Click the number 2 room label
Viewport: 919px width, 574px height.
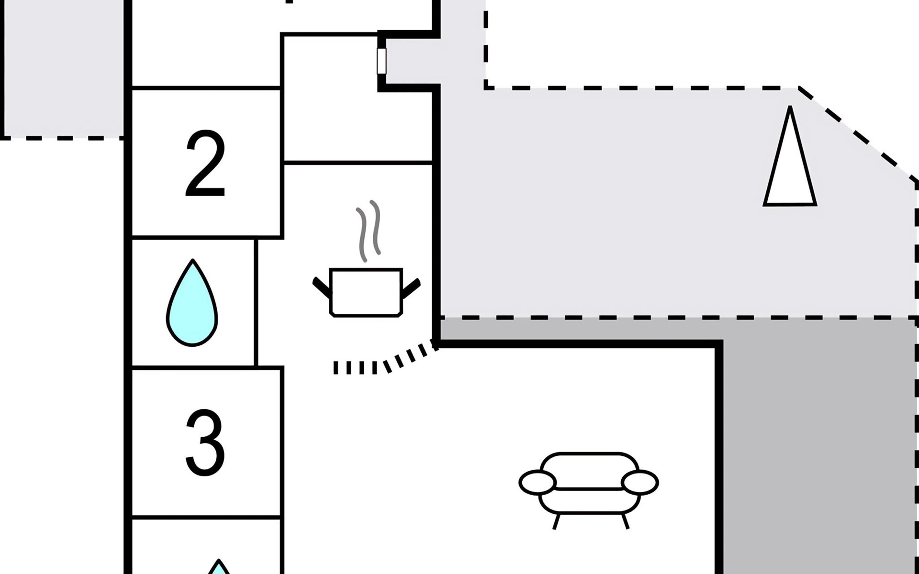(x=205, y=164)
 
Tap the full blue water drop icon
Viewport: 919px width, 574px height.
(x=192, y=302)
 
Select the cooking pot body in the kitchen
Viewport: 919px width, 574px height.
(x=366, y=292)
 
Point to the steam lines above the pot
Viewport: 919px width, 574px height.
(x=369, y=231)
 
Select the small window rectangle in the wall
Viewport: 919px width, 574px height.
(x=381, y=61)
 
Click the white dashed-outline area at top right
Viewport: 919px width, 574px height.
(x=699, y=43)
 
